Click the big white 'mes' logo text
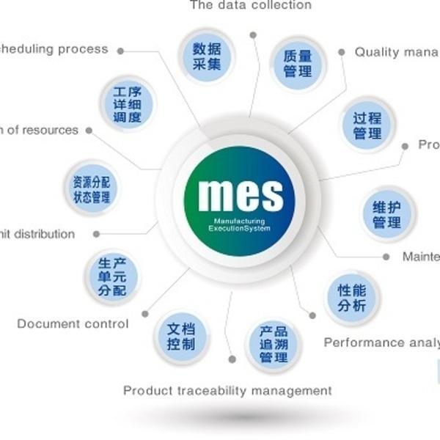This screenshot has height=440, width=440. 241,194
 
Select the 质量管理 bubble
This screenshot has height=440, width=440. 298,63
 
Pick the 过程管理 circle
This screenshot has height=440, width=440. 367,125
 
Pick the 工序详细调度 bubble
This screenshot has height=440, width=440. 128,104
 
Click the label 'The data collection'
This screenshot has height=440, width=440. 250,5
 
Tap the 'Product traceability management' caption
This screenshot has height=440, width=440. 227,390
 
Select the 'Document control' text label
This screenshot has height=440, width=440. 73,323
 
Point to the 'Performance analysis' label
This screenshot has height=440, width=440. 381,342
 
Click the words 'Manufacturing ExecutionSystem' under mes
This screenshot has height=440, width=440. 240,224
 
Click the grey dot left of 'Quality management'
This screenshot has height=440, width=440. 342,52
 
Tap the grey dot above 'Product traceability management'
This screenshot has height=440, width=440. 232,359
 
